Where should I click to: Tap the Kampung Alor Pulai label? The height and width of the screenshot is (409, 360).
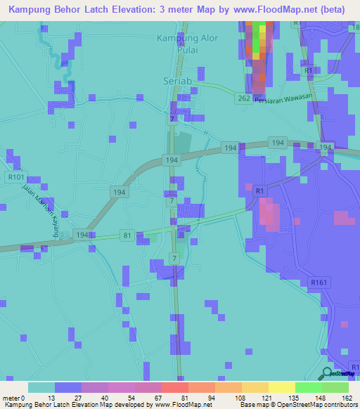188,43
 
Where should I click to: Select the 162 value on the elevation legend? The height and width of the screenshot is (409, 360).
348,397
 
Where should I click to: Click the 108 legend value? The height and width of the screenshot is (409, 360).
241,397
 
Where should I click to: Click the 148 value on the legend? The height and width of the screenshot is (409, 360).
321,397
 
